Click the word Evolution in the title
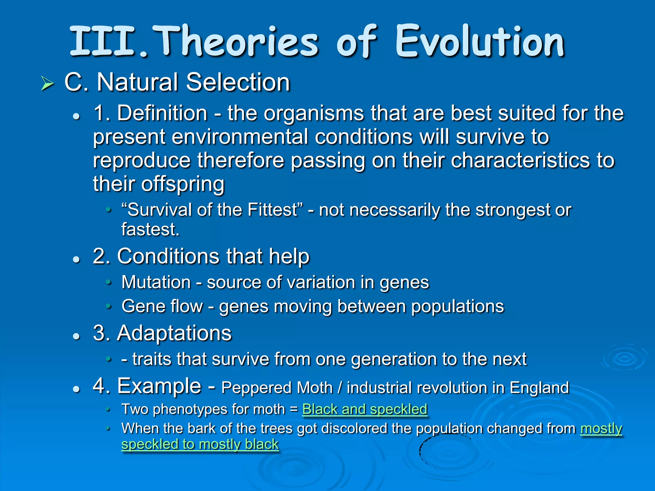tap(480, 42)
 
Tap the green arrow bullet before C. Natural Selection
tap(47, 84)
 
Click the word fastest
tap(150, 230)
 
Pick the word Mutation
tap(156, 282)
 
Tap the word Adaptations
tap(174, 333)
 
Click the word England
tap(539, 388)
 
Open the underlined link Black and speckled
tap(365, 409)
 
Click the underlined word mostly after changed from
tap(601, 428)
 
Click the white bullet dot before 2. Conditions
tap(76, 259)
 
